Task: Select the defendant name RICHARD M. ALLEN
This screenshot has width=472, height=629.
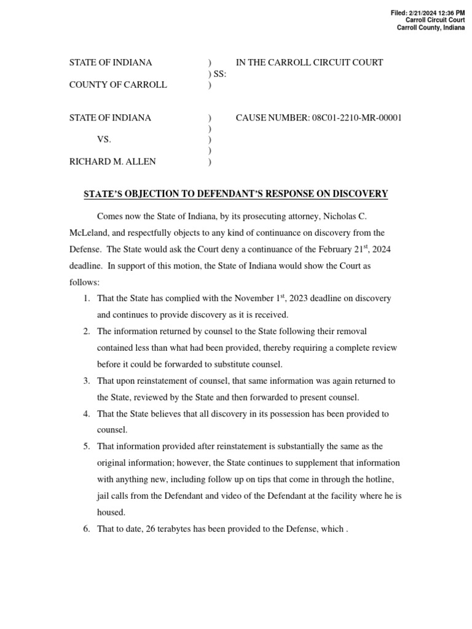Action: pyautogui.click(x=112, y=162)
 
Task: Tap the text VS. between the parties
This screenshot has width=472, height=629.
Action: pyautogui.click(x=104, y=140)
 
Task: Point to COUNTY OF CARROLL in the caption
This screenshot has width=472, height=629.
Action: pyautogui.click(x=118, y=85)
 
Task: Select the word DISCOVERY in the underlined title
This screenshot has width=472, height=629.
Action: pyautogui.click(x=360, y=194)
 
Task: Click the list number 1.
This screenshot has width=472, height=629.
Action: pyautogui.click(x=87, y=299)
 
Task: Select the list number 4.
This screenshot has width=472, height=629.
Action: pyautogui.click(x=87, y=414)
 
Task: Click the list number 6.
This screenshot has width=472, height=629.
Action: pyautogui.click(x=87, y=529)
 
